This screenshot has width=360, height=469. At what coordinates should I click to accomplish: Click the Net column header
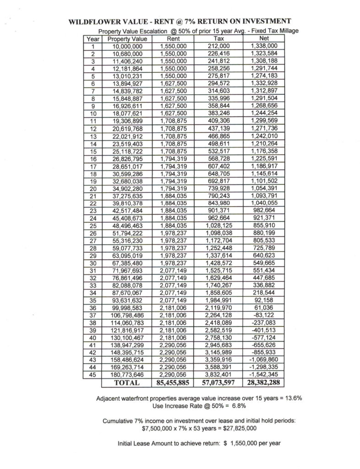tap(264, 39)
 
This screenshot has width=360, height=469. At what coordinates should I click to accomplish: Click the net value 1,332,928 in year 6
tap(264, 83)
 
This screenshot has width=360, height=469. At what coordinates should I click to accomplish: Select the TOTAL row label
tap(126, 381)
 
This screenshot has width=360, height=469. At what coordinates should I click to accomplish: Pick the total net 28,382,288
tap(264, 381)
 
